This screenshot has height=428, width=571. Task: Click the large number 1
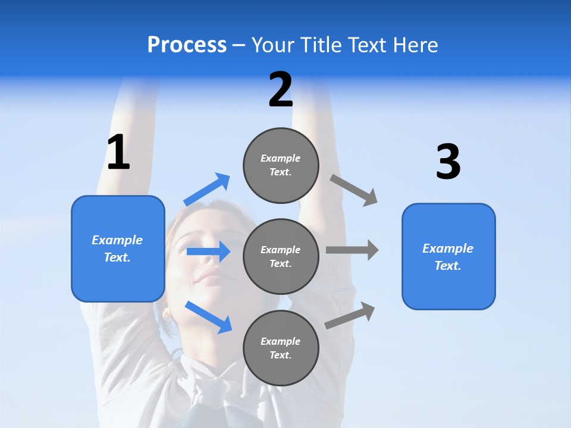[x=118, y=153]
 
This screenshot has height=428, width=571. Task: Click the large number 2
[x=281, y=90]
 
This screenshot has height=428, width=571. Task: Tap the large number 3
[x=448, y=162]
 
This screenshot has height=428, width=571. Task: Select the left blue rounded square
[x=118, y=248]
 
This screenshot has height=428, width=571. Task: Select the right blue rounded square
[x=448, y=256]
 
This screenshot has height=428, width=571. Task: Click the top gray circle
[x=281, y=165]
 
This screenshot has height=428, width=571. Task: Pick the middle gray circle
[x=281, y=256]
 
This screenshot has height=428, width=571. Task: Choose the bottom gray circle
[x=281, y=348]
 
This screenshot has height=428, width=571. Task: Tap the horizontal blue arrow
[x=208, y=251]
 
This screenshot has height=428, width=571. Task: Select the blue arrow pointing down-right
[x=208, y=316]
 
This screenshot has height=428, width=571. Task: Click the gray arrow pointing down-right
[x=354, y=190]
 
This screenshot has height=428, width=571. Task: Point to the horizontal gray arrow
[x=352, y=250]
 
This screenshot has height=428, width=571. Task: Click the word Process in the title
[x=187, y=45]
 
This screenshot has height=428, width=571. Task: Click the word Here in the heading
[x=415, y=45]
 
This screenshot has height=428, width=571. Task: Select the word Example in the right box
[x=448, y=248]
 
